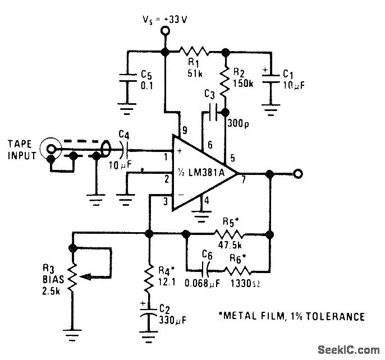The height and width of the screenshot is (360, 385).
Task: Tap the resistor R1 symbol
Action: click(x=194, y=52)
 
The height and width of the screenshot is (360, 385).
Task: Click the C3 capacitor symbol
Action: click(x=212, y=112)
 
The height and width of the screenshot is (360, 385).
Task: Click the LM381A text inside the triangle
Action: click(x=208, y=172)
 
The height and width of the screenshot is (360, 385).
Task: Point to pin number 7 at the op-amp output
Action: click(x=243, y=181)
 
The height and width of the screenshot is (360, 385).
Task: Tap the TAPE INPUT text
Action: click(x=22, y=149)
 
